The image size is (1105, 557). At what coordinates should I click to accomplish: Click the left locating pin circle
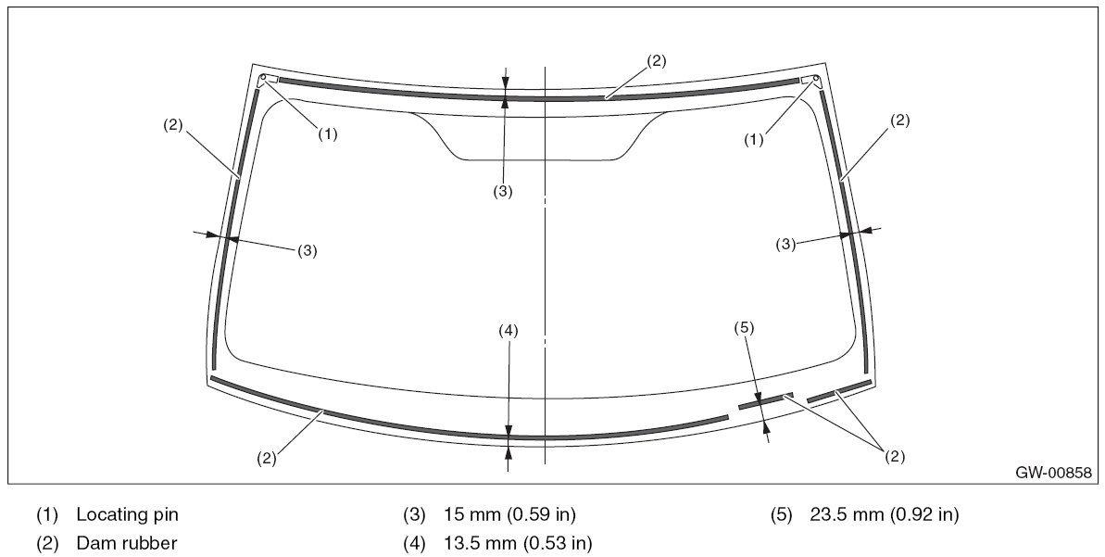(263, 78)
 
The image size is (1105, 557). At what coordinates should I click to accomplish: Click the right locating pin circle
(816, 78)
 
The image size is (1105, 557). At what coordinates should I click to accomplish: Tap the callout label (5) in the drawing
(744, 327)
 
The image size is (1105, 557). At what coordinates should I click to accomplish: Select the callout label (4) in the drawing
(509, 330)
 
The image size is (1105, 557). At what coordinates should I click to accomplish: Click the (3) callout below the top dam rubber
(502, 192)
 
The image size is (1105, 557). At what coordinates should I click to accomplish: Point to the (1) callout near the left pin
(327, 134)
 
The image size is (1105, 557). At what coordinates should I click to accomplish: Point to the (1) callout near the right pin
(754, 140)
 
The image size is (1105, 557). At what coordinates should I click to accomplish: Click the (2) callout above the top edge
(656, 60)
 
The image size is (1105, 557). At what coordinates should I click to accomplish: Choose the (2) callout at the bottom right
(894, 457)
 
